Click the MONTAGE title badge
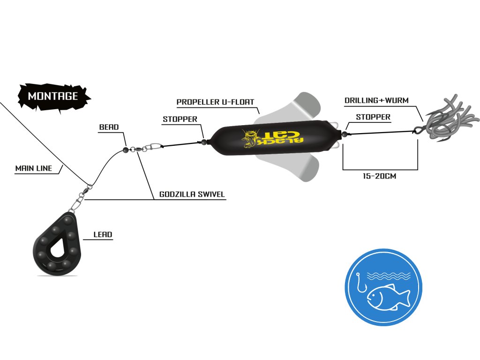53,96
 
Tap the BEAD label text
109,127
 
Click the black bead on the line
126,150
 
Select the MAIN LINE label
34,168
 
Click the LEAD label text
103,234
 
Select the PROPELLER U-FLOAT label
215,102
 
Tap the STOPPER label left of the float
180,119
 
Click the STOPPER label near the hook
373,117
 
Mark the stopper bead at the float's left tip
204,141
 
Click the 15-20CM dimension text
380,177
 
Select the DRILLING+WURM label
376,100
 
